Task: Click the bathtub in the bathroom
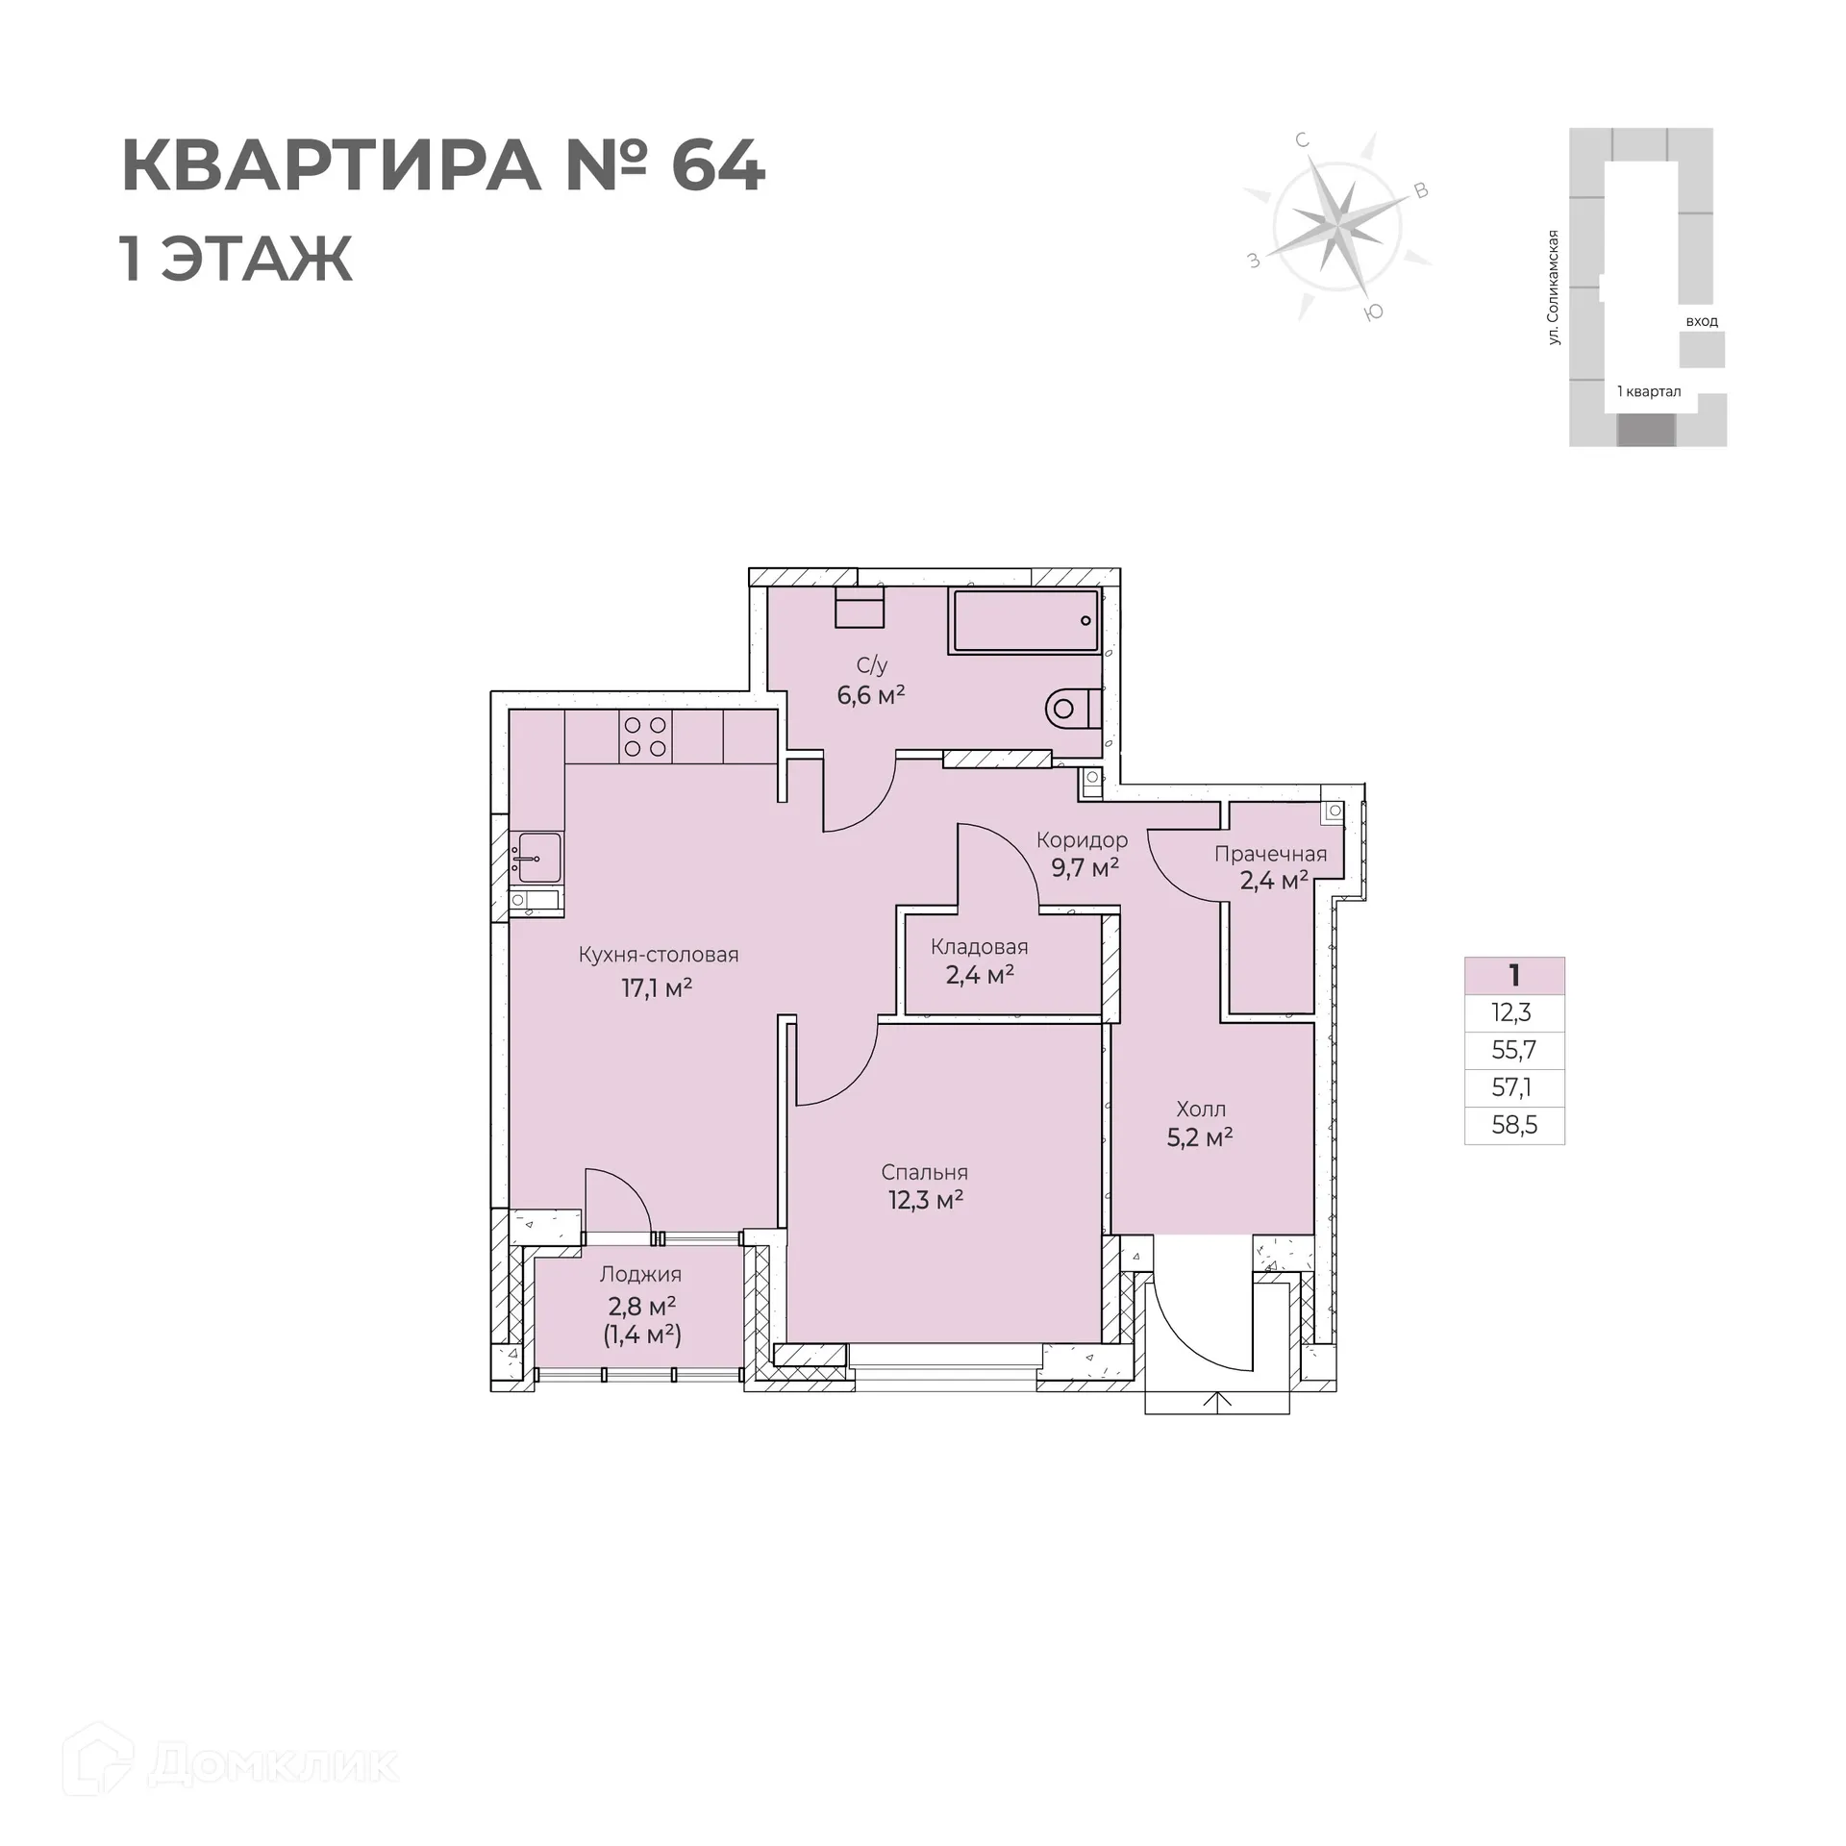click(x=1025, y=621)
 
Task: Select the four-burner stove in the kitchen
click(x=645, y=737)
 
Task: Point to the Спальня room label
click(x=924, y=1172)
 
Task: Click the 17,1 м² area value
click(x=657, y=987)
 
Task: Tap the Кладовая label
click(x=979, y=947)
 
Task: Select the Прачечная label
click(x=1270, y=854)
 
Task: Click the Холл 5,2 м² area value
click(x=1200, y=1138)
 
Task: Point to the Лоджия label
click(x=640, y=1274)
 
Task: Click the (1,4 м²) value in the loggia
click(x=642, y=1335)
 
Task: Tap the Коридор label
click(x=1082, y=840)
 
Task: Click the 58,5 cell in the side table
click(x=1514, y=1125)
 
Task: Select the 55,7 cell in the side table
click(x=1514, y=1050)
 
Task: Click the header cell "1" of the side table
click(x=1514, y=976)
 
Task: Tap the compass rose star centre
click(x=1336, y=224)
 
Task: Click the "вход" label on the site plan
click(x=1702, y=321)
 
